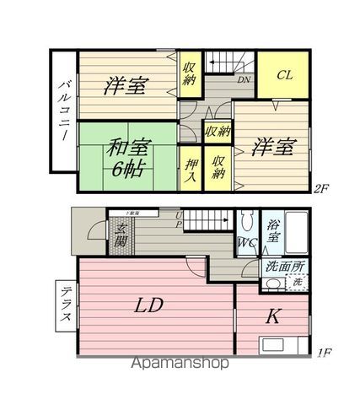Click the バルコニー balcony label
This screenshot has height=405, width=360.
click(63, 111)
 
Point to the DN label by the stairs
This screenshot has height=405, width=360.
click(243, 81)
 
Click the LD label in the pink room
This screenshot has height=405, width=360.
click(150, 305)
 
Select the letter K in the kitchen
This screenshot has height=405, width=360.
click(274, 316)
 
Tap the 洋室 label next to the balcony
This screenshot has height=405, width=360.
click(127, 85)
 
